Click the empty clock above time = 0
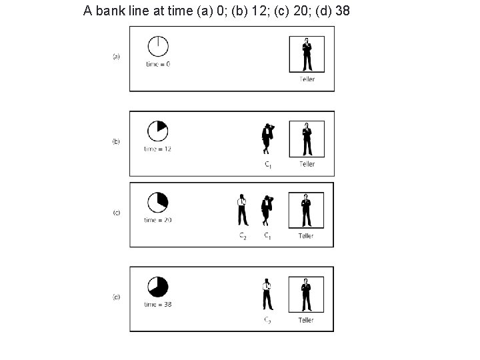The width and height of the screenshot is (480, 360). (157, 47)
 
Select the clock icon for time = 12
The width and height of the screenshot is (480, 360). (157, 130)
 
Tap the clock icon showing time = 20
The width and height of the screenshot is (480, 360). (157, 201)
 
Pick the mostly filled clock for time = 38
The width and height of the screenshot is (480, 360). (157, 286)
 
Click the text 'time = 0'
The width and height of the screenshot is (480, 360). (157, 65)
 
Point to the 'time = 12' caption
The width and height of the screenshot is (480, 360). (157, 149)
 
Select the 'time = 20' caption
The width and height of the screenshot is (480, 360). (157, 220)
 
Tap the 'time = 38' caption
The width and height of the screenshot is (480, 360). (157, 304)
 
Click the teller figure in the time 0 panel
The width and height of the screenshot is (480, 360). (307, 54)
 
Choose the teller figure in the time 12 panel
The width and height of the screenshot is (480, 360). (307, 139)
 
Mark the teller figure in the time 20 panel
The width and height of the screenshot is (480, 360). (307, 209)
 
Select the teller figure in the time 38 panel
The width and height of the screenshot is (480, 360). (307, 294)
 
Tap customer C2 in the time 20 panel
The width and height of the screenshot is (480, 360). (242, 210)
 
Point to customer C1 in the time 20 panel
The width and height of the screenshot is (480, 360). (267, 210)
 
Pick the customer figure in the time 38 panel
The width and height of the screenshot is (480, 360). (267, 294)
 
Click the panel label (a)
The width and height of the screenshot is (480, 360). (116, 57)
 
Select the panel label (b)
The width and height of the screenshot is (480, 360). (116, 141)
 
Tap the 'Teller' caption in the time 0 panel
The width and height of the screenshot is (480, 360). (307, 79)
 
